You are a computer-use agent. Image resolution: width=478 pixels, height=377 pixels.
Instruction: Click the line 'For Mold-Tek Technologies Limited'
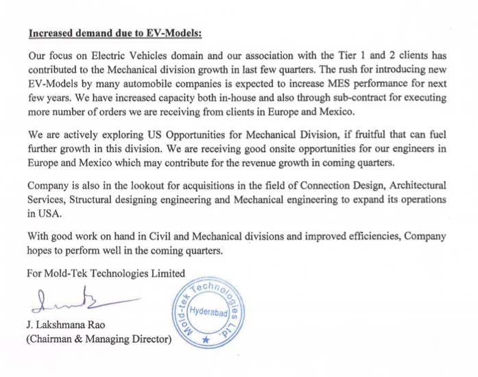click(x=106, y=273)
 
